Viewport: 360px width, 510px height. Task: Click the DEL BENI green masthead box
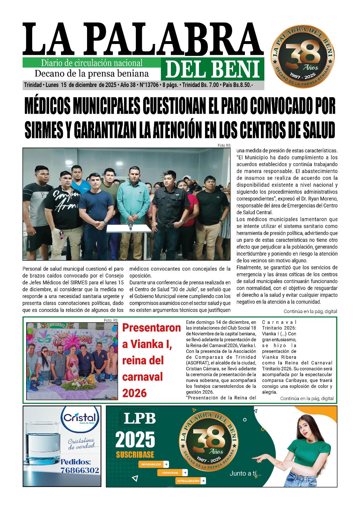(212, 69)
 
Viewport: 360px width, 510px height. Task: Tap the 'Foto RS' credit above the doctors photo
(224, 145)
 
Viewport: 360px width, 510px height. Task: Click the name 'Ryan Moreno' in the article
(323, 199)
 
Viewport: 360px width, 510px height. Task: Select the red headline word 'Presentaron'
(151, 328)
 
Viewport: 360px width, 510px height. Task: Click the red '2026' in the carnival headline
(134, 393)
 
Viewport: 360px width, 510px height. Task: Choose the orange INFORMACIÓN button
(153, 464)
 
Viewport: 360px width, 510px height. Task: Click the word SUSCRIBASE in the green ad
(135, 455)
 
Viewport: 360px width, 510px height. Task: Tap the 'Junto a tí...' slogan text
(245, 474)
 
